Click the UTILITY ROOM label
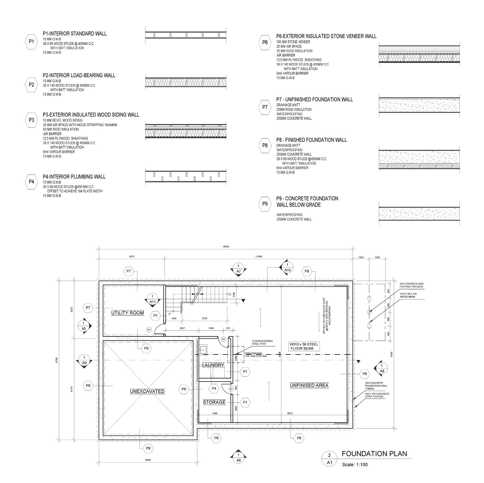point(127,313)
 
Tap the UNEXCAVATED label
point(147,391)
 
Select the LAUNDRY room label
point(213,365)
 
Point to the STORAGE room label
point(214,402)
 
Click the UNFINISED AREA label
point(309,385)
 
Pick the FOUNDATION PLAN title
point(374,454)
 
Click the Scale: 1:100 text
point(355,464)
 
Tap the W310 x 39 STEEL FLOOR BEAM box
point(303,346)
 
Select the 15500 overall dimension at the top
point(226,247)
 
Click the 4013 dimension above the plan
point(132,256)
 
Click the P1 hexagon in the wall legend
point(31,42)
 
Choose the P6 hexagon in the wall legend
point(265,42)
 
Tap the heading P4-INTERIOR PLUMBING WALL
point(74,177)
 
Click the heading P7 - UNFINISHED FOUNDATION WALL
point(315,100)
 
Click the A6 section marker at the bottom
point(238,458)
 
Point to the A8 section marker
point(382,368)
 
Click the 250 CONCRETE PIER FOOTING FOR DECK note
point(412,285)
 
